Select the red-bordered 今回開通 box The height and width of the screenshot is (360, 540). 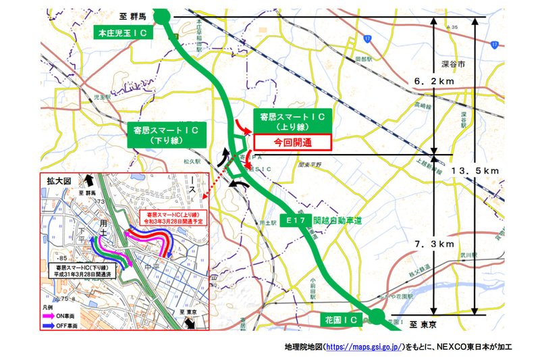(x=293, y=143)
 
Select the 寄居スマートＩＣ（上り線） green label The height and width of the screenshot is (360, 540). (x=292, y=121)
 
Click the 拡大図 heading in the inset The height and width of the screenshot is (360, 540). (x=57, y=182)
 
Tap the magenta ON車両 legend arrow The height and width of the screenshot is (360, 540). (x=55, y=315)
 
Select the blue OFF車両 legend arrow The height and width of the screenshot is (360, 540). (x=55, y=326)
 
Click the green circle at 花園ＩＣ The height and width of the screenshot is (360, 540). (x=376, y=315)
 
